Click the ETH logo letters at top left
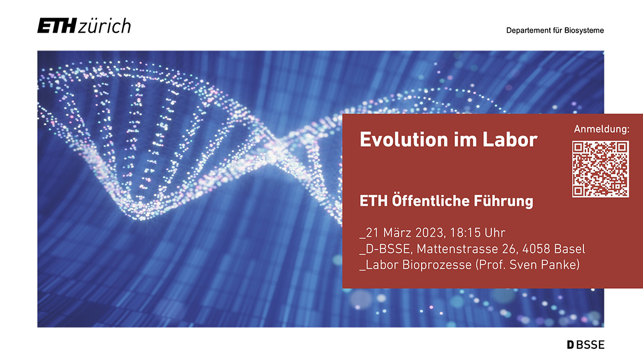(57, 26)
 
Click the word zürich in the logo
(104, 26)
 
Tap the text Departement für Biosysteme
(555, 31)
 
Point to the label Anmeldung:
(601, 129)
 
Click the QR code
(601, 169)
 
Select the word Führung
(503, 201)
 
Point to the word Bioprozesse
(437, 265)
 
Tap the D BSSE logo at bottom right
(586, 345)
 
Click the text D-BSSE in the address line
(389, 249)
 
